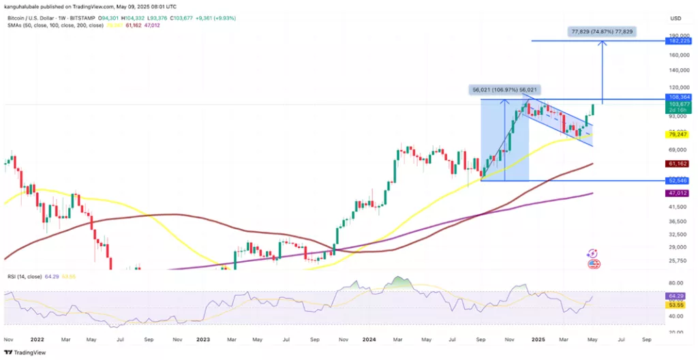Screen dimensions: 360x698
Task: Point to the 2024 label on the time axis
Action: [x=370, y=339]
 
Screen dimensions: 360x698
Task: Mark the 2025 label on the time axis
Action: [x=538, y=339]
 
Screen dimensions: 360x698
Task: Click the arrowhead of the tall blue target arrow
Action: [x=602, y=43]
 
